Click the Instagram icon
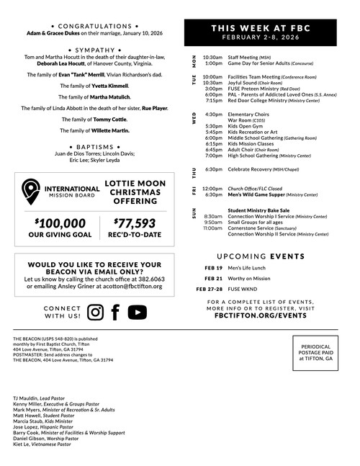point(95,312)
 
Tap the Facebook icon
point(115,312)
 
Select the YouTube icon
point(137,312)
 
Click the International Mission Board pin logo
point(31,191)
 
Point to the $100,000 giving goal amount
point(60,224)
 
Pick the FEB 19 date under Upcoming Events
point(212,267)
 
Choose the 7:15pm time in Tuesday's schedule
point(213,101)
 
